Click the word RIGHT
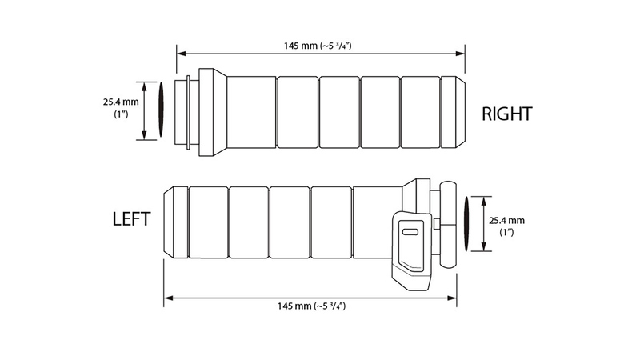506,114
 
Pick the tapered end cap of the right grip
454,111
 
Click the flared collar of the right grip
212,111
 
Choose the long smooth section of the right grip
251,111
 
